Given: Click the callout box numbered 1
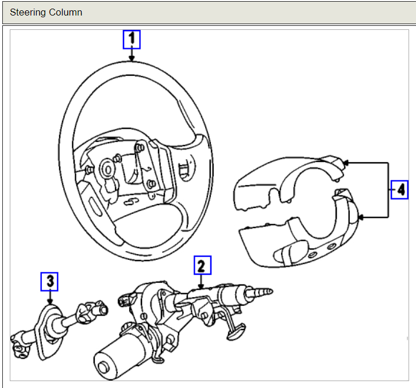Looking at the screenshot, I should (x=132, y=39).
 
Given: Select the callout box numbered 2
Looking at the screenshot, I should (x=202, y=265).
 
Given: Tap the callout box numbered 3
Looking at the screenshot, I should (x=50, y=281).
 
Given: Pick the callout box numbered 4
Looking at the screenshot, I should (x=399, y=189).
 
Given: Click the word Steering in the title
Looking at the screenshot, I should (x=29, y=12).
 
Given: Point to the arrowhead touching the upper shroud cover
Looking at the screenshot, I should (x=347, y=163).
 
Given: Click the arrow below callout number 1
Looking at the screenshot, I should (x=132, y=55).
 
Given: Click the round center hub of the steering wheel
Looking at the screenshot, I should (x=107, y=170).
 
